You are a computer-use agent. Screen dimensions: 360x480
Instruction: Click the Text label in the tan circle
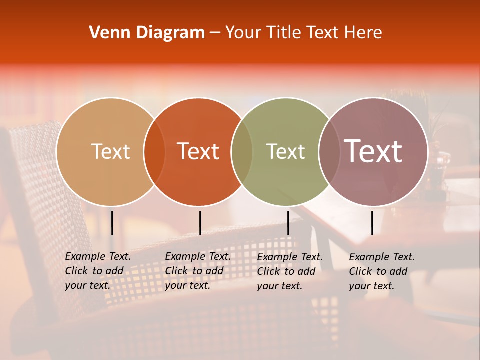click(110, 151)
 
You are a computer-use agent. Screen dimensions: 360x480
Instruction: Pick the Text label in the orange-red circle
click(198, 151)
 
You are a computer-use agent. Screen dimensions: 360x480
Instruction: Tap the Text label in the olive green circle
click(285, 151)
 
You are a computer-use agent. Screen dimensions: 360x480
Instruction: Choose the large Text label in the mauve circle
click(373, 151)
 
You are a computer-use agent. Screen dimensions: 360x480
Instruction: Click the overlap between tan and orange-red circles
click(154, 151)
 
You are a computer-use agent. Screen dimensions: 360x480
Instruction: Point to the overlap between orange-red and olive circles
click(242, 151)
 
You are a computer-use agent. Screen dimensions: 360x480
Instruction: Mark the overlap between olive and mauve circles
click(329, 151)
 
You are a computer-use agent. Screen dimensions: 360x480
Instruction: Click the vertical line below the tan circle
click(112, 223)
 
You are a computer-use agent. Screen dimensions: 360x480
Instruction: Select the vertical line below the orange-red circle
click(200, 223)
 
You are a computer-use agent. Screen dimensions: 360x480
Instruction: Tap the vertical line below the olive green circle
click(288, 223)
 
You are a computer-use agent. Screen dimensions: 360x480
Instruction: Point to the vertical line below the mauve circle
click(372, 223)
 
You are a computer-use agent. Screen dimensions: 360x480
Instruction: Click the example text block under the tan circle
click(98, 271)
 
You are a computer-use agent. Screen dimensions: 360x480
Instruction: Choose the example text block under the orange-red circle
click(198, 271)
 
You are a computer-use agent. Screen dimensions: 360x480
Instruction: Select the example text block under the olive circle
click(290, 271)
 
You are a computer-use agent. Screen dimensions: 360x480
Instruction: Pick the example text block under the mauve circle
click(382, 271)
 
